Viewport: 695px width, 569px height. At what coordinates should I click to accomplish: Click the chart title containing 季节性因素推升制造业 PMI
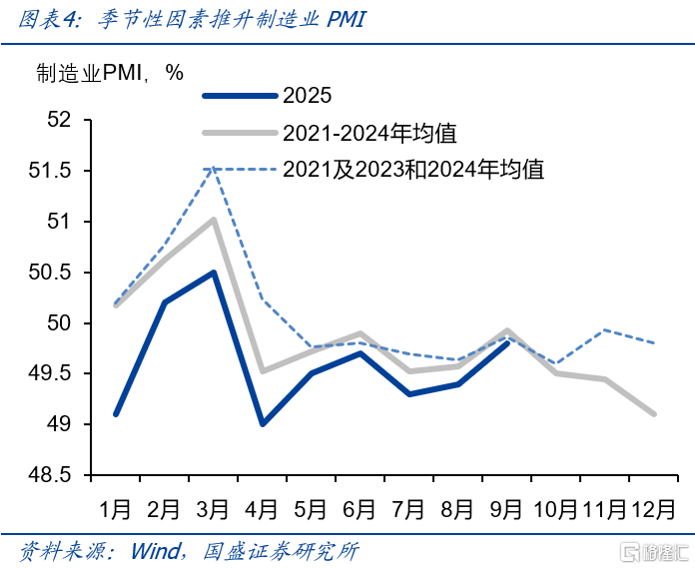click(x=190, y=21)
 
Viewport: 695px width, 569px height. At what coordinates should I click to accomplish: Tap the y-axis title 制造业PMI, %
click(x=111, y=72)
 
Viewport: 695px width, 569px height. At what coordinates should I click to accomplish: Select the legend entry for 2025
click(x=306, y=96)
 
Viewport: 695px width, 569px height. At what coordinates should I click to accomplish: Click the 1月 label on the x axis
click(x=116, y=508)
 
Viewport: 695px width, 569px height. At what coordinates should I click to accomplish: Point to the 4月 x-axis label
click(x=263, y=508)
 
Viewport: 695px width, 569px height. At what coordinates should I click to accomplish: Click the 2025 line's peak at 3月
click(x=214, y=273)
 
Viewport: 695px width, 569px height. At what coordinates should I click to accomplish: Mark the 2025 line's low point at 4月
click(x=263, y=424)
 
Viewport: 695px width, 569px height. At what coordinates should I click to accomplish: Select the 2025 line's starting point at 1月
click(x=116, y=414)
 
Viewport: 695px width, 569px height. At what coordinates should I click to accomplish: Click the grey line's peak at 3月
click(x=214, y=220)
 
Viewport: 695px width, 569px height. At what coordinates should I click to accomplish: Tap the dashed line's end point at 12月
click(x=654, y=343)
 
